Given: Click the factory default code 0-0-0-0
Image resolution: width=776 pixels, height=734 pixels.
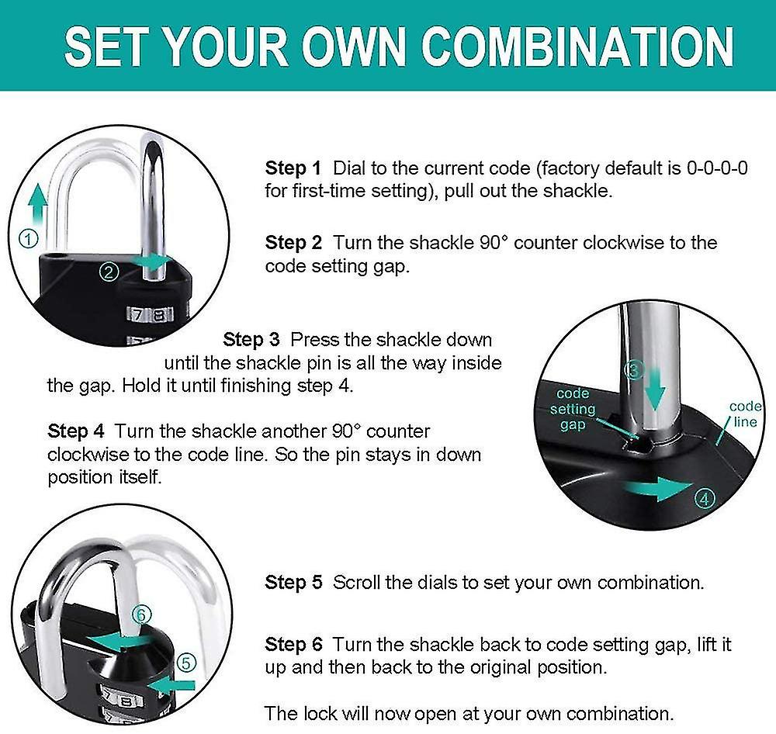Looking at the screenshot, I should [717, 168].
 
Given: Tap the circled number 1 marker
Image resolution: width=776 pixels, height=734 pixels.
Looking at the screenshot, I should [28, 240].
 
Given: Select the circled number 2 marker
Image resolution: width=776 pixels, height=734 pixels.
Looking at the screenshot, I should [109, 272].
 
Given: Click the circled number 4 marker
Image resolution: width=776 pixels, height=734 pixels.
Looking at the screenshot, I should [704, 499].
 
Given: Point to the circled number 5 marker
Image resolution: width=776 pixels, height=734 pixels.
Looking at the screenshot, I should [186, 663].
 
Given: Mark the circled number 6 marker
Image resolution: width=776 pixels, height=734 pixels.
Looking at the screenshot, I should [140, 614].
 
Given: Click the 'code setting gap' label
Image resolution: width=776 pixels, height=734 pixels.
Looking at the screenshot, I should [573, 409].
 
